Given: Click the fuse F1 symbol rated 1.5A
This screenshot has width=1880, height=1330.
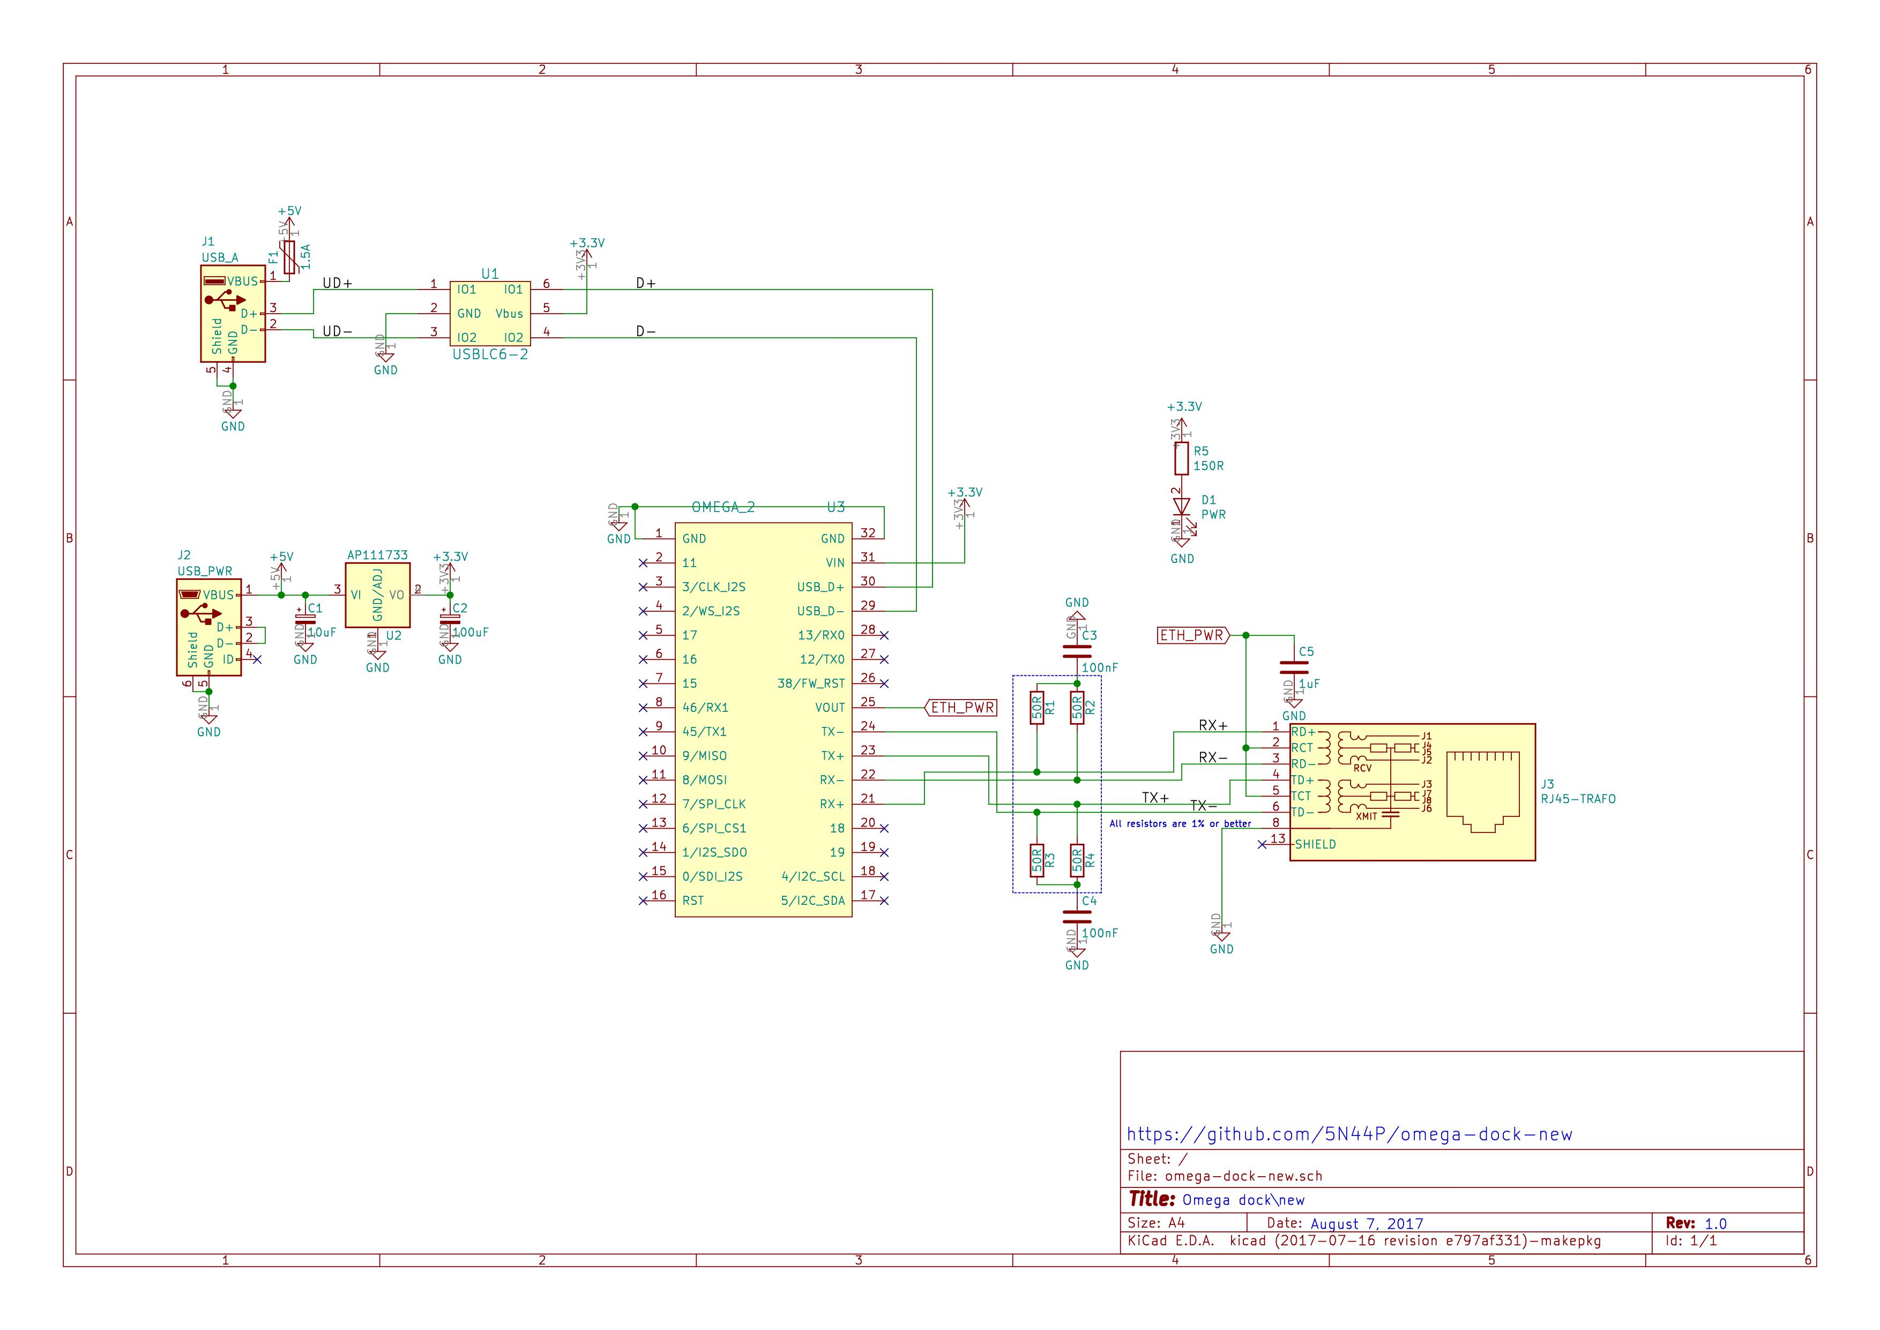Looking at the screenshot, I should tap(289, 257).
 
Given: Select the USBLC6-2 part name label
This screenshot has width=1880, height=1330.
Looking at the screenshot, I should tap(490, 354).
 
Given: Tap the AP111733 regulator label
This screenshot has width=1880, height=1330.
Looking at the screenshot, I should tap(377, 555).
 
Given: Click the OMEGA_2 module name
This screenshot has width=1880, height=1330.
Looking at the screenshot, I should tap(722, 508).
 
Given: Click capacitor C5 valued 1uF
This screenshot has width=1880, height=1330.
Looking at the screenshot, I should tap(1294, 667).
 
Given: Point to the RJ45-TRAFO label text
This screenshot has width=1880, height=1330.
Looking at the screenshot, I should tap(1578, 799).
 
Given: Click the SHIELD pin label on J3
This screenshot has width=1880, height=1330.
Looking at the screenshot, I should tap(1315, 844).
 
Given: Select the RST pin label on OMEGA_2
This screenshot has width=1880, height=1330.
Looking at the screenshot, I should tap(693, 901).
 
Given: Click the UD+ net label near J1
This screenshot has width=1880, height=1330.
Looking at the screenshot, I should tap(337, 284).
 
